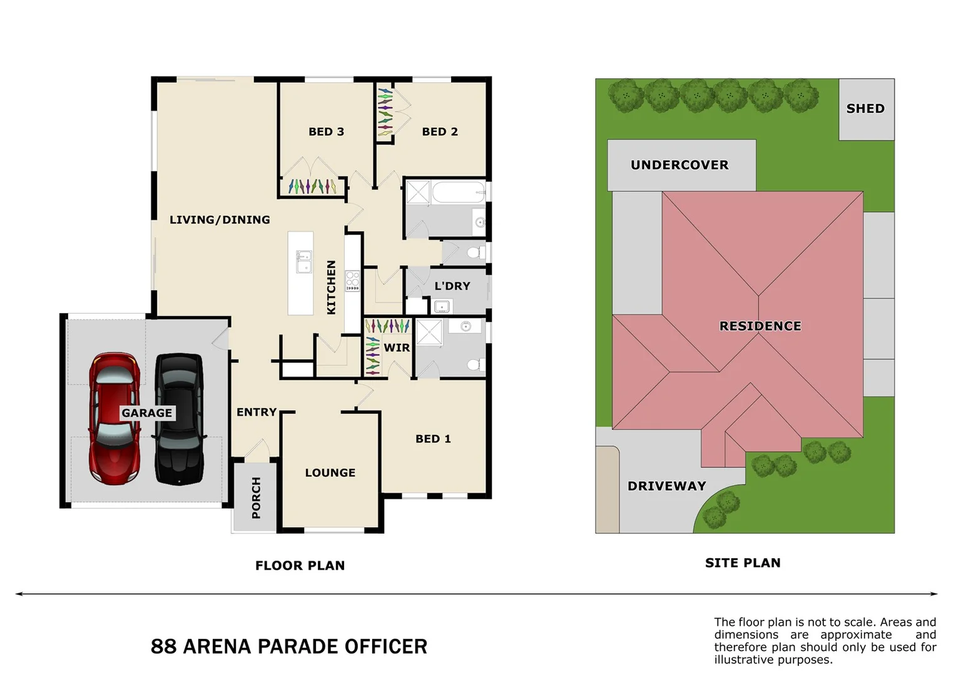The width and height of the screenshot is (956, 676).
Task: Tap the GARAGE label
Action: click(x=147, y=413)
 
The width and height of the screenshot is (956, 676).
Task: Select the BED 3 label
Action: click(x=326, y=131)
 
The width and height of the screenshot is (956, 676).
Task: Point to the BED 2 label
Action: click(x=440, y=131)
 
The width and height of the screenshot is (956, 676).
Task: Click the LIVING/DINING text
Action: click(x=220, y=220)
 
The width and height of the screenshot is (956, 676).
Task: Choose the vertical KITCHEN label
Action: click(x=332, y=287)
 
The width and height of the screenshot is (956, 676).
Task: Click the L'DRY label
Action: click(x=452, y=286)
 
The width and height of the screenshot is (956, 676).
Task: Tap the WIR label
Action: click(x=397, y=347)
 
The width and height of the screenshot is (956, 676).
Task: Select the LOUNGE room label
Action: click(x=330, y=473)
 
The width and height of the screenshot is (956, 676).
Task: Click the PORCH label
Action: click(x=256, y=498)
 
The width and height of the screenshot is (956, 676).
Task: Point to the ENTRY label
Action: click(x=257, y=412)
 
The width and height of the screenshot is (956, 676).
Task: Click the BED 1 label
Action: click(x=433, y=439)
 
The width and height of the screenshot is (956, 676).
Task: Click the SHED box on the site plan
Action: click(x=866, y=109)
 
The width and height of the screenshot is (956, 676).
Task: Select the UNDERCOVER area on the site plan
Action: click(x=681, y=165)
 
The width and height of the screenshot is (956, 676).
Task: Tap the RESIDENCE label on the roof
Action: click(x=760, y=326)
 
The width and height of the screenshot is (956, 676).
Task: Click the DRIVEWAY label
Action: click(x=667, y=486)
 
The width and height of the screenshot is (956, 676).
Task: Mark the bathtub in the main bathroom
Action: click(x=458, y=192)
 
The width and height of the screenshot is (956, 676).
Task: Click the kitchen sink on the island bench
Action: click(x=303, y=262)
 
